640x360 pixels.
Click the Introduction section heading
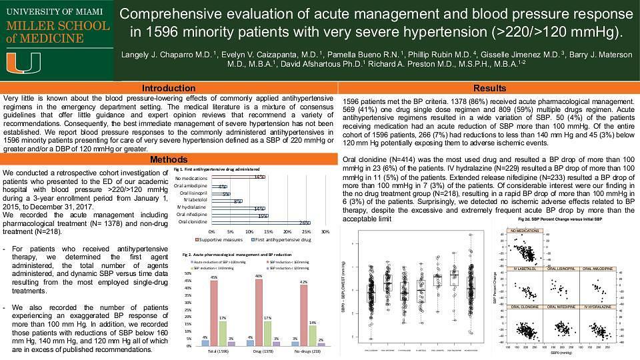[169, 88]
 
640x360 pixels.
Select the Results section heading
[489, 88]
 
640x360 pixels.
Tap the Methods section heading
[169, 159]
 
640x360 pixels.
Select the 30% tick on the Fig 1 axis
[325, 231]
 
